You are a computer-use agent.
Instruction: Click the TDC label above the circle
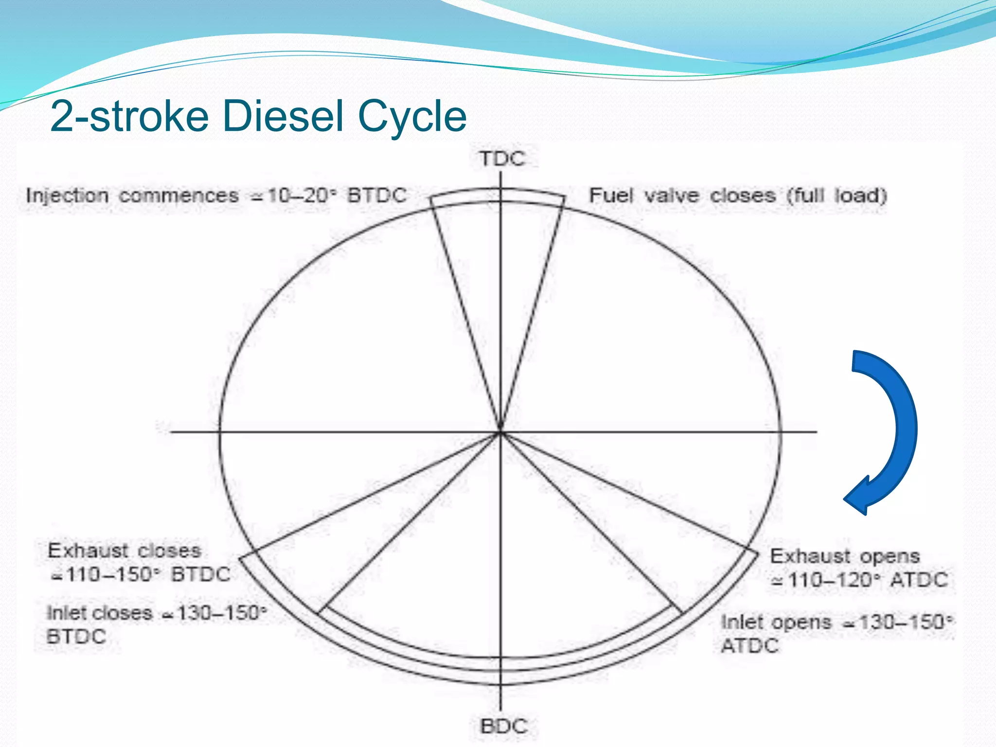[x=503, y=159]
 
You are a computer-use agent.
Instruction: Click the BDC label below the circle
[x=504, y=727]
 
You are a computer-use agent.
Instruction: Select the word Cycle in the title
[x=412, y=116]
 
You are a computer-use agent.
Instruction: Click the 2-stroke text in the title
[x=129, y=116]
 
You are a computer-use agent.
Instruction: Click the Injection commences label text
[x=132, y=196]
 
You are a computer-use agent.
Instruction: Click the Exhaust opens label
[x=845, y=556]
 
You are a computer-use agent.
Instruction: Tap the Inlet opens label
[x=776, y=622]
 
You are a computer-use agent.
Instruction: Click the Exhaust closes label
[x=124, y=551]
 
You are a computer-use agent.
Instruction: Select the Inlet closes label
[x=100, y=613]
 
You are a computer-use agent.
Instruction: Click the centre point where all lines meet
[x=500, y=431]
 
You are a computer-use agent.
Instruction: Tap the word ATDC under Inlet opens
[x=749, y=646]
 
